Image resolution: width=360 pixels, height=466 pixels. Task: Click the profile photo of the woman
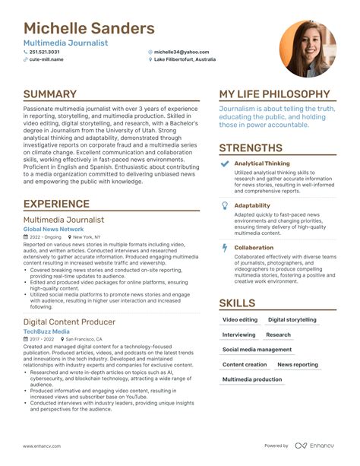click(x=308, y=48)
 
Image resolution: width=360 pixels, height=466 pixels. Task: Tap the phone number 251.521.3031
click(x=48, y=52)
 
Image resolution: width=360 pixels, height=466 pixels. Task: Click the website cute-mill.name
click(x=46, y=59)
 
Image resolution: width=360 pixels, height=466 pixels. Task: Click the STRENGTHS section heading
click(x=251, y=148)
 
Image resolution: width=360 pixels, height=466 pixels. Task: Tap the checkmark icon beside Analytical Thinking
click(x=224, y=163)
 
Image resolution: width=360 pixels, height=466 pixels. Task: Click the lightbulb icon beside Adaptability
click(x=224, y=205)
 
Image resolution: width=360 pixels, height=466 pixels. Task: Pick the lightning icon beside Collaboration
click(x=224, y=247)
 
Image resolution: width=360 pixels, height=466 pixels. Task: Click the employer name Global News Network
click(x=53, y=229)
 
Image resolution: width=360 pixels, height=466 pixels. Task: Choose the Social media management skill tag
click(x=257, y=350)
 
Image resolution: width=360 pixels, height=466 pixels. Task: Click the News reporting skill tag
click(x=298, y=365)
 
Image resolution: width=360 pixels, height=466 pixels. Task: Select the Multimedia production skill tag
click(x=252, y=379)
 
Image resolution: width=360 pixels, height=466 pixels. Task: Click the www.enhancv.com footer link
click(x=42, y=445)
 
